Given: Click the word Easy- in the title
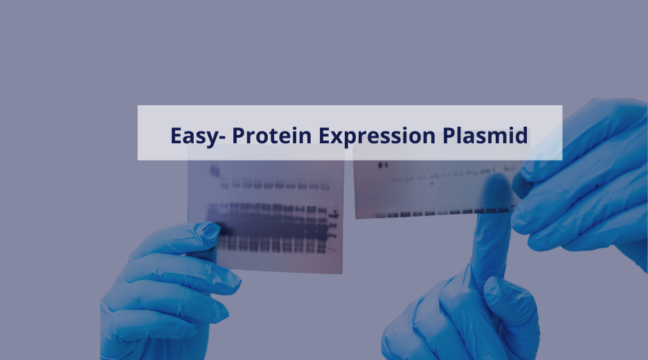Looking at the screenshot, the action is point(198,136).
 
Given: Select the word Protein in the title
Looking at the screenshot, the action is point(271,135).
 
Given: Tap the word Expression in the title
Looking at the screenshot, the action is point(377,136).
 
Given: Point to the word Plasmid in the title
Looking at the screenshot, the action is point(485,135).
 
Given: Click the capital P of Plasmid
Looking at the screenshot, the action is point(449,136).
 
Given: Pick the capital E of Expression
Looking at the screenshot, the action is point(324,136).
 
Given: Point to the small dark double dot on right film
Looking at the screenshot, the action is point(383,165).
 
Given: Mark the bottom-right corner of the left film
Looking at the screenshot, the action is point(342,273).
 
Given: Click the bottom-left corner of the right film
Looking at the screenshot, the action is point(356,219).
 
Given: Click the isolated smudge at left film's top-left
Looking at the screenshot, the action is point(215,170).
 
